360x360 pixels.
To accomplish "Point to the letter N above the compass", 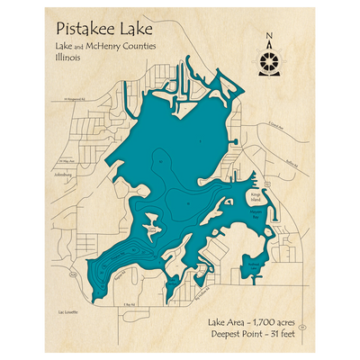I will click(270, 37).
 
